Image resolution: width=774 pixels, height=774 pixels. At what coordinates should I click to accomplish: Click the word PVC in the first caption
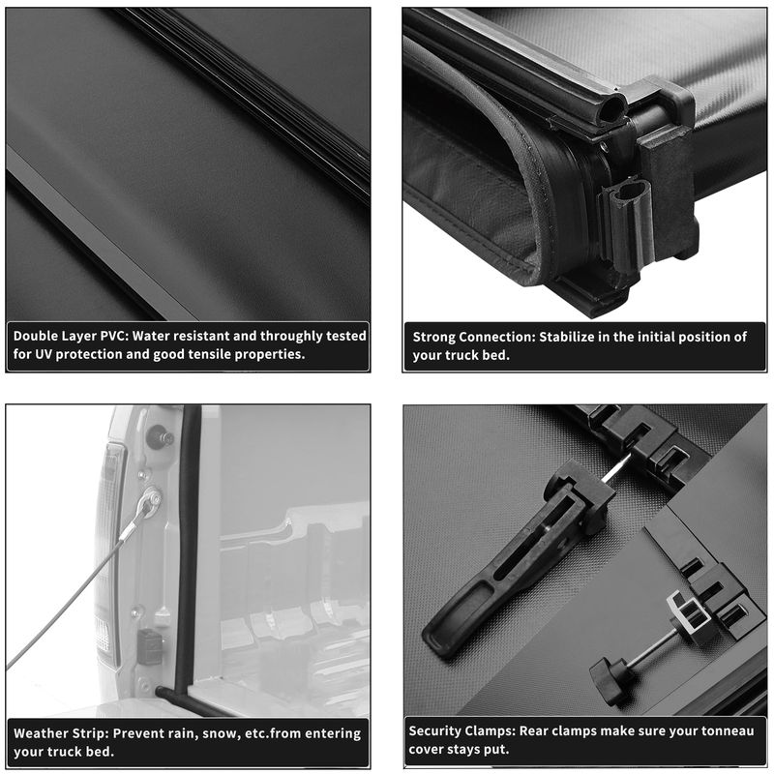[113, 336]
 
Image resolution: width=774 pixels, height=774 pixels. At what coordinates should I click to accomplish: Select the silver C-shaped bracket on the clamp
[686, 613]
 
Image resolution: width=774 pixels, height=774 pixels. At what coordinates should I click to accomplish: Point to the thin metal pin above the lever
[616, 468]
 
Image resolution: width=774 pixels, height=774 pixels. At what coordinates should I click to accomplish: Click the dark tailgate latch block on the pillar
[150, 645]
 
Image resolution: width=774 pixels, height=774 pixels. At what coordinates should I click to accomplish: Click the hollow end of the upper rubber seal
[612, 108]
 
